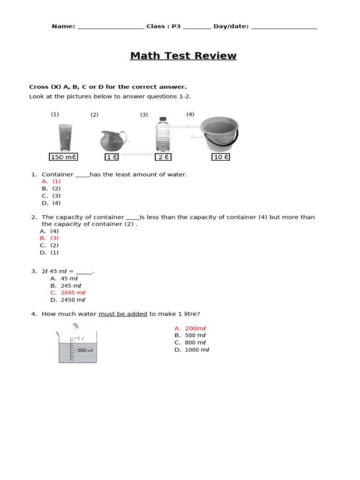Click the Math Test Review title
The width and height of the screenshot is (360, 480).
click(183, 56)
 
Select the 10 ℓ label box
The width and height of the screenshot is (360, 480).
click(221, 157)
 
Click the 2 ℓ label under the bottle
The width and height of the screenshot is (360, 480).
click(163, 157)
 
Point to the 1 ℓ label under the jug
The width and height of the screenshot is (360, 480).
click(112, 157)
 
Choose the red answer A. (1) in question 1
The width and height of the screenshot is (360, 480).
click(51, 181)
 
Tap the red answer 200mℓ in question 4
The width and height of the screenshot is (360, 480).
click(190, 328)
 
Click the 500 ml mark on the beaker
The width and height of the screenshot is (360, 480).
click(85, 350)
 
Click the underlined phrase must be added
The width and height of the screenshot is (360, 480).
click(123, 314)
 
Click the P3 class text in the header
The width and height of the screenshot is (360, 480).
click(176, 26)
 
